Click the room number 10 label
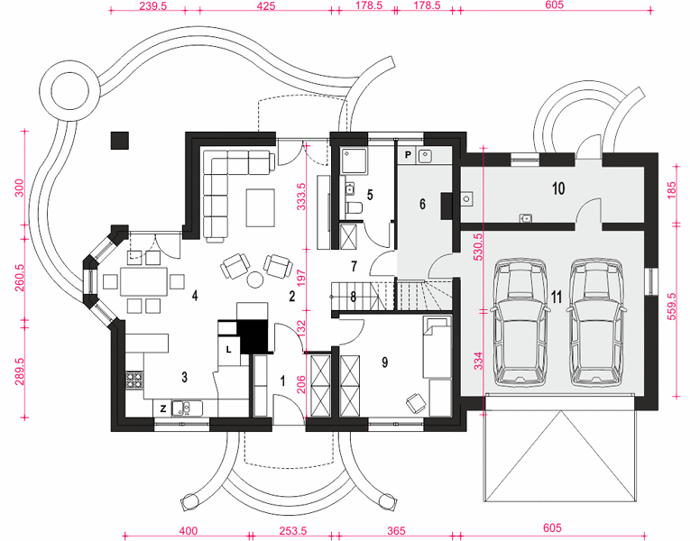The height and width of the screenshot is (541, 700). pos(558,188)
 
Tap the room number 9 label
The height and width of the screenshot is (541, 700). pos(385,362)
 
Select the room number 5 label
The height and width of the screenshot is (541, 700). pos(370,195)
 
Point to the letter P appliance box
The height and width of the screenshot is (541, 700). pos(408,155)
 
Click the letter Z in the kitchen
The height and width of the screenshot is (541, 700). pos(163,408)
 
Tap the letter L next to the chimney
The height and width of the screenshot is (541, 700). pos(228,350)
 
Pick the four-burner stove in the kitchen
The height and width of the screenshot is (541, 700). pos(134,380)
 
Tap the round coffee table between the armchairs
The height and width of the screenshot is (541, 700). pos(256,280)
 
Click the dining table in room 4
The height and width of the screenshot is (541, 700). pos(143,281)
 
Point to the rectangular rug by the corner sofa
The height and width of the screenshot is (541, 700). pos(261,208)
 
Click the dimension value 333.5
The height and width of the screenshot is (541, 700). pos(302,197)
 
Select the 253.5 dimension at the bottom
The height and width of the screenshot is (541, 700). pos(293,531)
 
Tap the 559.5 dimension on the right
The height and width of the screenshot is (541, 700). pos(672,307)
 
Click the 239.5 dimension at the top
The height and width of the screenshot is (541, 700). pos(152,5)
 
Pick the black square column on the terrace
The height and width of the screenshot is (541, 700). pos(120,141)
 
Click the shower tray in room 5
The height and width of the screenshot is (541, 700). pos(354,161)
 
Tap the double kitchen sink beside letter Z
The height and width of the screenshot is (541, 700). pos(187,408)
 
